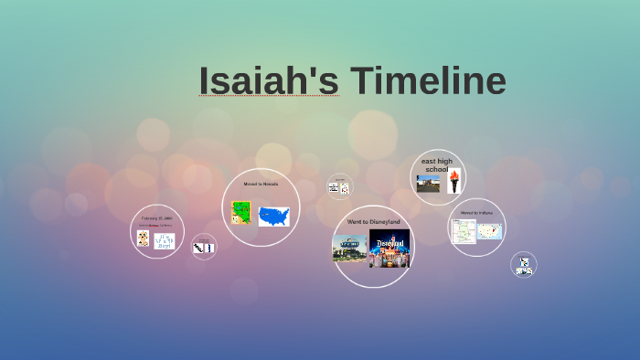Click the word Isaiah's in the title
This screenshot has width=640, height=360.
click(x=268, y=81)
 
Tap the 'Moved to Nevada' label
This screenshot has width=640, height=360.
click(x=261, y=184)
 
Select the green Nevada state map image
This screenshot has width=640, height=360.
click(x=241, y=214)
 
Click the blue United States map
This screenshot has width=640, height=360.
click(x=273, y=217)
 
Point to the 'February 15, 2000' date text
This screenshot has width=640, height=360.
click(x=156, y=218)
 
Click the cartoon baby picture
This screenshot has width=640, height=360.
click(x=144, y=238)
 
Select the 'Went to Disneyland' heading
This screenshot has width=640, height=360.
click(x=372, y=221)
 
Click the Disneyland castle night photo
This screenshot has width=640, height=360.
click(x=390, y=248)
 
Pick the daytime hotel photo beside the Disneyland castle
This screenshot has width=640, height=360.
click(x=349, y=249)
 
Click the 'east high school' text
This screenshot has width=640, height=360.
click(x=437, y=164)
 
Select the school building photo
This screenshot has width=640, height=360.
click(x=428, y=184)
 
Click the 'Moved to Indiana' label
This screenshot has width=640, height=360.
click(x=476, y=212)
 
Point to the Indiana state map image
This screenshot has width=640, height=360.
click(x=464, y=231)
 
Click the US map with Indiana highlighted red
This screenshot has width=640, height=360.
click(x=489, y=231)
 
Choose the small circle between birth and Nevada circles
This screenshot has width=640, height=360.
click(x=204, y=247)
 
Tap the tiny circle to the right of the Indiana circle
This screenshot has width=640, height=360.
click(x=524, y=265)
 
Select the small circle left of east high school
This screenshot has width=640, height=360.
click(x=339, y=186)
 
